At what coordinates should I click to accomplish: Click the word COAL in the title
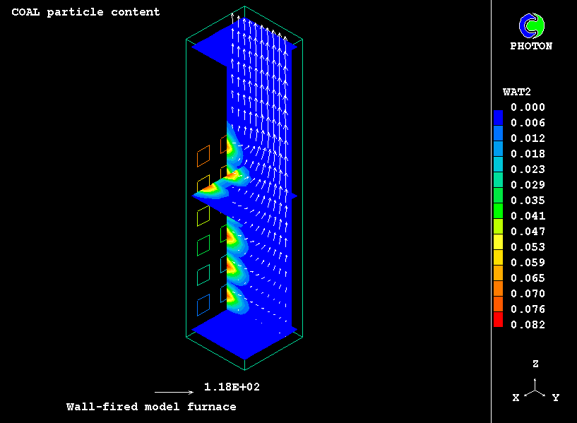pos(25,12)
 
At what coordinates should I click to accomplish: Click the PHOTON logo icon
pos(531,25)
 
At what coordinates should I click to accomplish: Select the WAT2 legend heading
pos(517,92)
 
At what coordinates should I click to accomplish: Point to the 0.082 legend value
pos(528,325)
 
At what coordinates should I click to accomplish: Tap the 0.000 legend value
pos(528,107)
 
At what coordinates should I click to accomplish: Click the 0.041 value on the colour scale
pos(528,216)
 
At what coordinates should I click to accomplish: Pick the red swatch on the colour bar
pos(498,319)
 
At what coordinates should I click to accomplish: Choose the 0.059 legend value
pos(528,263)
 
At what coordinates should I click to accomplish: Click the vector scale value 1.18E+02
pos(232,387)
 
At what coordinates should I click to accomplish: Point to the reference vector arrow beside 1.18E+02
pos(174,393)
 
